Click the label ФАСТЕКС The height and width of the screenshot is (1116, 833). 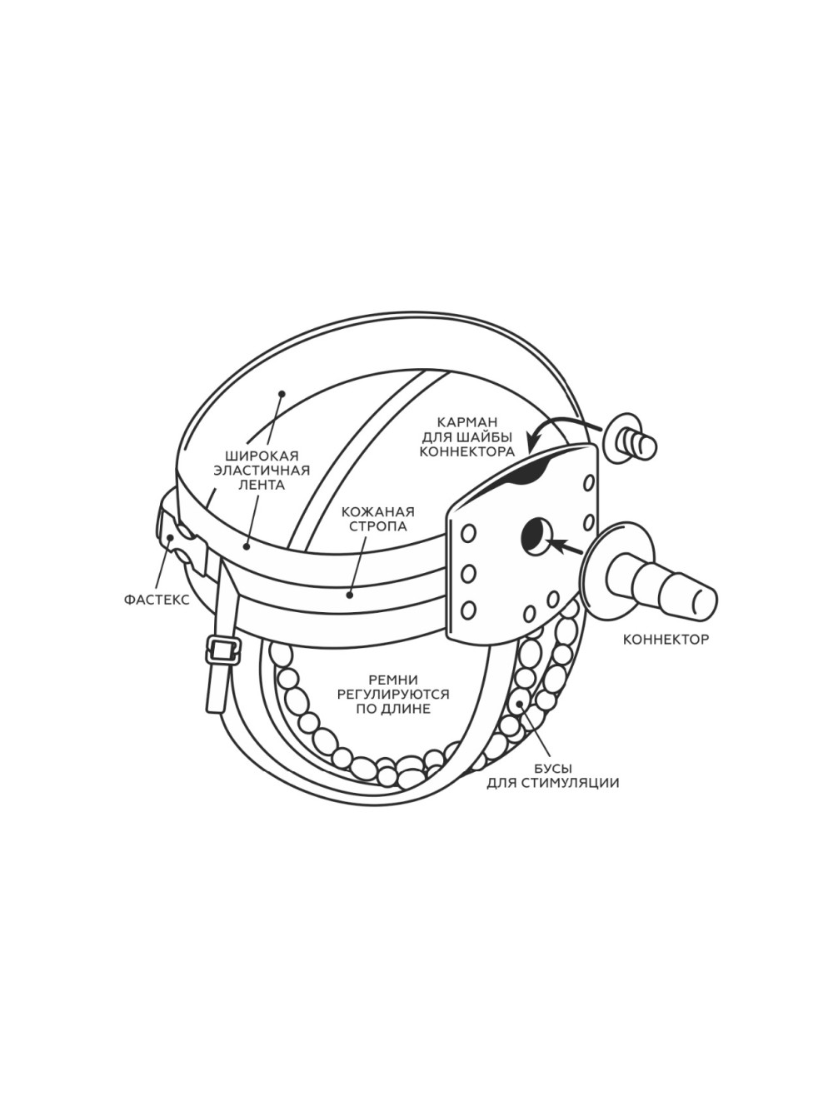[x=157, y=600]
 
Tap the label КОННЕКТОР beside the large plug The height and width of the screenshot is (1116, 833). [x=666, y=640]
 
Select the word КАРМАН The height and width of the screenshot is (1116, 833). [x=468, y=422]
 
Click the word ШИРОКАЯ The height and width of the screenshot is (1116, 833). [x=262, y=455]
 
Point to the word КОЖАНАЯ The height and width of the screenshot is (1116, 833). [x=377, y=511]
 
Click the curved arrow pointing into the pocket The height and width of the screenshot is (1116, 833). [x=562, y=426]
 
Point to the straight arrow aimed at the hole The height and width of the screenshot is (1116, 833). [x=566, y=547]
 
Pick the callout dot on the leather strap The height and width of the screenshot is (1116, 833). [x=349, y=594]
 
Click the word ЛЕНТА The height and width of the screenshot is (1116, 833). [x=262, y=485]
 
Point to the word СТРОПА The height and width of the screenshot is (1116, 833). [x=377, y=526]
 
